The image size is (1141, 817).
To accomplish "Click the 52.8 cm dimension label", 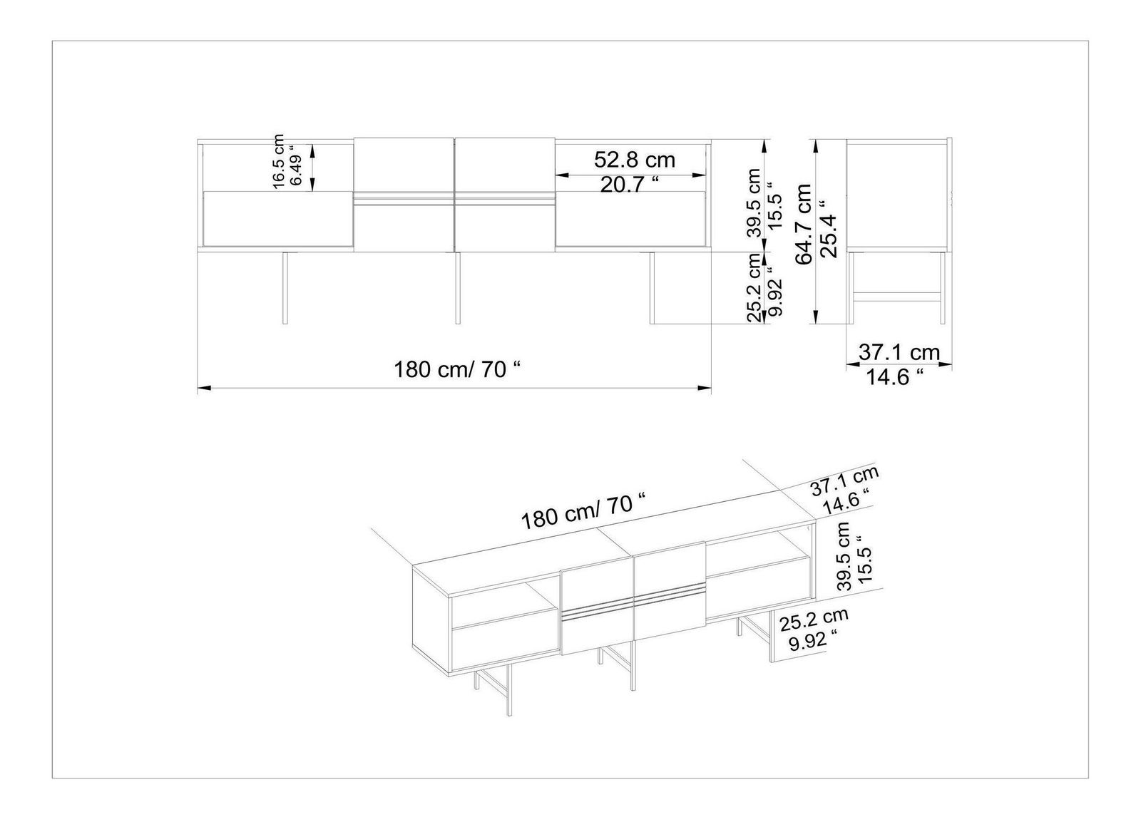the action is click(634, 160).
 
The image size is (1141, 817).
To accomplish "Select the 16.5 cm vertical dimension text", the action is click(278, 162).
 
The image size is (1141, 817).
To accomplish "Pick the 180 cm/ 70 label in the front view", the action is click(458, 370).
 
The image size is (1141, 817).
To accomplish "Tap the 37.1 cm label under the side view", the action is click(899, 352).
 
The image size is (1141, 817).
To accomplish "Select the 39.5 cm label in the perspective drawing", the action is click(844, 555).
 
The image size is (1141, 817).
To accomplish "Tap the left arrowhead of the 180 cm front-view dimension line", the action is click(204, 388).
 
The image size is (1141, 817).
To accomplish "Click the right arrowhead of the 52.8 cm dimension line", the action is click(700, 175).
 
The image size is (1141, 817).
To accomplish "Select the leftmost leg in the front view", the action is click(285, 288).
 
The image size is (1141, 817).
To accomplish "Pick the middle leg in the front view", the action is click(458, 288).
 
